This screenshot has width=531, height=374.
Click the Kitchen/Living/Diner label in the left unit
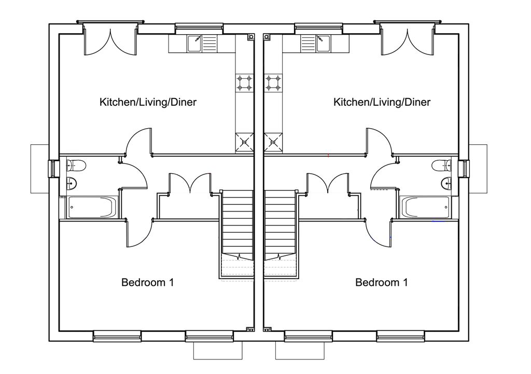(148, 102)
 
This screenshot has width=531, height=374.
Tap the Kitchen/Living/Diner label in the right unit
(382, 102)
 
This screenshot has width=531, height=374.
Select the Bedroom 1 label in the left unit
(148, 282)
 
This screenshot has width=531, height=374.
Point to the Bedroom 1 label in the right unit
(382, 282)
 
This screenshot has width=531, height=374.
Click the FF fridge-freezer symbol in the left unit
(245, 143)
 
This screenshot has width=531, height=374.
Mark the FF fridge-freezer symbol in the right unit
(273, 143)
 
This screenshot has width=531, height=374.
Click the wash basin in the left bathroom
(71, 183)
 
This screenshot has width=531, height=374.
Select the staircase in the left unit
(237, 234)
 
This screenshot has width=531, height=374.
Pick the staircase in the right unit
(281, 234)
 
